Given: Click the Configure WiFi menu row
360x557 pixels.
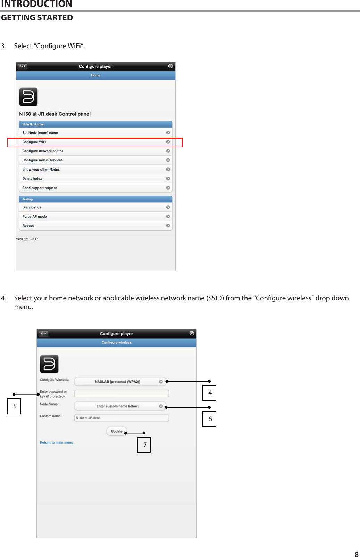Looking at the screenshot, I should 95,142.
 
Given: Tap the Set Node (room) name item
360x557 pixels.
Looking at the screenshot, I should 95,133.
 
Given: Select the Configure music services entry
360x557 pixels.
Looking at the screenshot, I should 95,160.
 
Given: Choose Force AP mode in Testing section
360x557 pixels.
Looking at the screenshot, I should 95,217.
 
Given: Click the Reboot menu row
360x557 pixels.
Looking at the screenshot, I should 95,226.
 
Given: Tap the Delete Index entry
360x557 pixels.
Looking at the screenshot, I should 95,179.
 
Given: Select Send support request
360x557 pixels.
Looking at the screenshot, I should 95,188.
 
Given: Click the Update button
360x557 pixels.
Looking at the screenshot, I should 117,431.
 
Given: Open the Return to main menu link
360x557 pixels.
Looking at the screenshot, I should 57,443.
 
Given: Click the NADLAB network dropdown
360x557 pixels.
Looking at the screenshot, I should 120,382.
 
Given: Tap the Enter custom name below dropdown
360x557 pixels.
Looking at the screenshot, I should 120,406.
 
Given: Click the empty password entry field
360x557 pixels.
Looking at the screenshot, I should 122,393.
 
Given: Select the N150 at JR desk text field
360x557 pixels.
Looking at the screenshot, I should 122,418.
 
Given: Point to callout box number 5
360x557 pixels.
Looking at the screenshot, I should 14,406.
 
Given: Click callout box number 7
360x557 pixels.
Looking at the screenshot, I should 144,445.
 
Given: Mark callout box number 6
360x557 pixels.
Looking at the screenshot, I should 209,419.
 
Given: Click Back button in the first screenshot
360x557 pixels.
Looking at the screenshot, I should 23,66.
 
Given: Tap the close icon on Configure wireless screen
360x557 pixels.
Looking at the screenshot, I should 192,333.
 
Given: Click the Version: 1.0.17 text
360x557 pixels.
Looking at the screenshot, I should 27,239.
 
